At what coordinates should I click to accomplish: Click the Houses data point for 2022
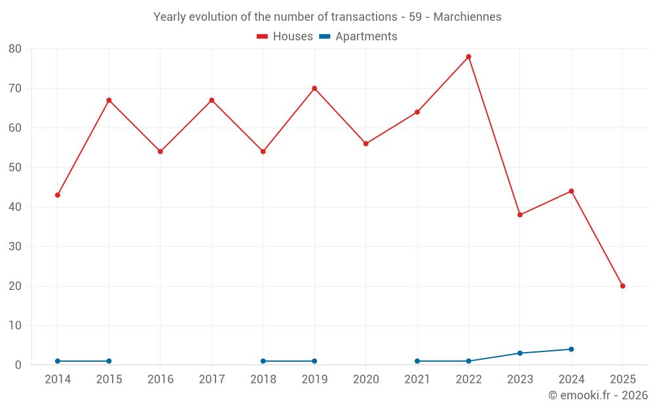tap(468, 57)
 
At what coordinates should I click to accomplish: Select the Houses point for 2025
tap(622, 286)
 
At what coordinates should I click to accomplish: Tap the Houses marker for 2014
tap(58, 195)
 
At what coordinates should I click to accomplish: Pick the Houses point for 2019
tap(314, 88)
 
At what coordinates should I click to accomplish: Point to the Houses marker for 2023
tap(520, 215)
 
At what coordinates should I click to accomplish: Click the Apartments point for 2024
tap(571, 349)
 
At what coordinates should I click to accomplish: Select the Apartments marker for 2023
tap(520, 353)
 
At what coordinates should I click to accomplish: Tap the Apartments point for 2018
tap(263, 361)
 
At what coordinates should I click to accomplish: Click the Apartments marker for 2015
tap(109, 361)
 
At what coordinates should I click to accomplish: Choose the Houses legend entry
tap(285, 37)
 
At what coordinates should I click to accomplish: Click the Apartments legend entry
tap(358, 37)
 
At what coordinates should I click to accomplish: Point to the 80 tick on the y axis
tap(15, 49)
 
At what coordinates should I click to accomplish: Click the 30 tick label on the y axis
tap(15, 247)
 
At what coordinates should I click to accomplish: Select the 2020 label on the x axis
tap(365, 380)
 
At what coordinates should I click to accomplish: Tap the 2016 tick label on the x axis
tap(160, 380)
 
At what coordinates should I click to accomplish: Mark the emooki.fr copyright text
tap(597, 395)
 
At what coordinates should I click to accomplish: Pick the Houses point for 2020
tap(365, 144)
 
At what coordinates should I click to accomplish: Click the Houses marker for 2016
tap(160, 151)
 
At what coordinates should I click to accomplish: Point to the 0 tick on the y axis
tap(18, 365)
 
